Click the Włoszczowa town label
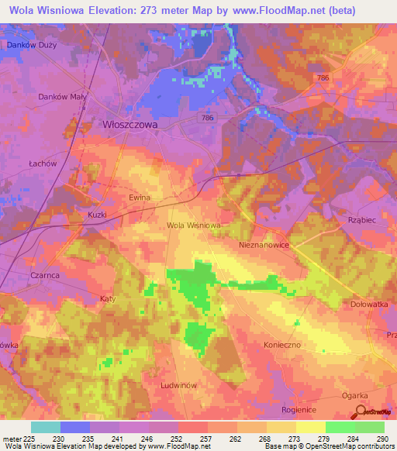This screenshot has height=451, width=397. click(x=130, y=123)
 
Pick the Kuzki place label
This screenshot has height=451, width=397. click(x=96, y=214)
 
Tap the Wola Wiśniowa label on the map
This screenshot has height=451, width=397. click(x=194, y=225)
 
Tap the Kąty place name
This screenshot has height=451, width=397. click(x=108, y=298)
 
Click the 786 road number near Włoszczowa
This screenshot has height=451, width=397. click(x=207, y=117)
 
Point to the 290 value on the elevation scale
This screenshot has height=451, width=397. click(x=382, y=439)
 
